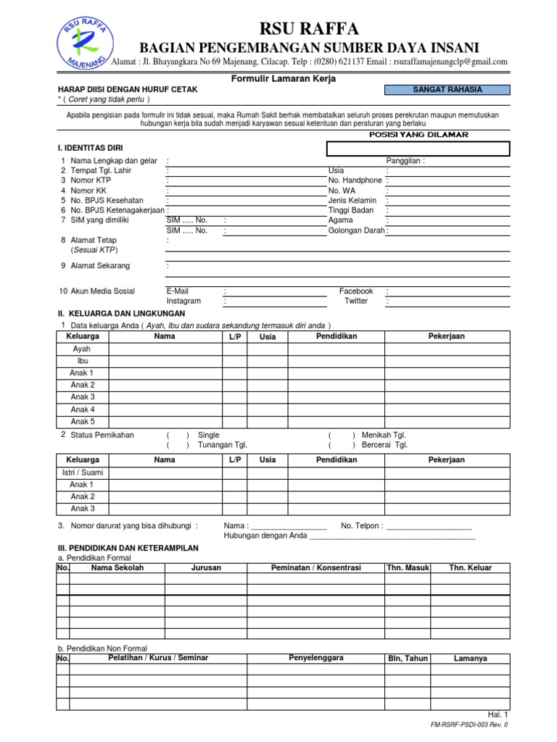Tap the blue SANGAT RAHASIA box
point(447,90)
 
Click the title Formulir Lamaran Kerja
point(283,78)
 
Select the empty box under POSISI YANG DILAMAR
point(418,149)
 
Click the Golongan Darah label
point(356,230)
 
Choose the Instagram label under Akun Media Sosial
point(183,301)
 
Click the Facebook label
point(356,291)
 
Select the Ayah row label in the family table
point(82,349)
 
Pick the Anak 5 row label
point(82,421)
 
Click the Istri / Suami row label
point(82,472)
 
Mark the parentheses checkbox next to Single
point(178,435)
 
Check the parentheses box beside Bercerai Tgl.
point(341,445)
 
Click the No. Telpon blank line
point(429,527)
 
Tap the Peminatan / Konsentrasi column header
point(315,567)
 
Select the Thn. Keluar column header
point(471,567)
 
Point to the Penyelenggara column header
point(315,658)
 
